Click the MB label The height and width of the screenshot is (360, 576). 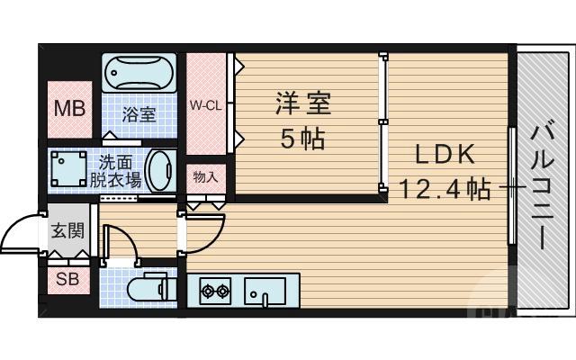[x=69, y=109]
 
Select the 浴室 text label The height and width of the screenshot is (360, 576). [x=140, y=114]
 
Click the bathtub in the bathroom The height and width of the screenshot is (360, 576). [x=140, y=72]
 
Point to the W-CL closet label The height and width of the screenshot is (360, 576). [x=205, y=104]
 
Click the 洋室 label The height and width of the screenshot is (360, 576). [x=302, y=103]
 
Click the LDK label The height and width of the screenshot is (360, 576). [x=444, y=155]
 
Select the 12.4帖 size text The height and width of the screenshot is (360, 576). [x=444, y=189]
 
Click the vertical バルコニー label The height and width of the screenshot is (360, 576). [x=542, y=187]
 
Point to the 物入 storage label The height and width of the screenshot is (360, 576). [x=205, y=177]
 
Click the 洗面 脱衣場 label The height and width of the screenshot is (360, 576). [x=115, y=171]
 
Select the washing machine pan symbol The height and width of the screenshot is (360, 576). [x=68, y=167]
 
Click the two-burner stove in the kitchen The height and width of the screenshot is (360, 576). [x=216, y=291]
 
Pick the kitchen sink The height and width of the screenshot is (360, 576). [x=265, y=291]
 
